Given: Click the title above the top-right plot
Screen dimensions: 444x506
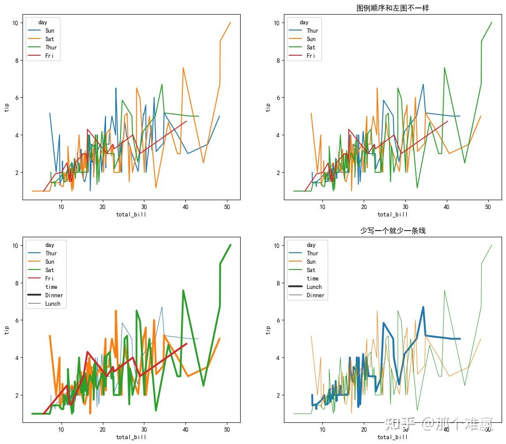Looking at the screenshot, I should (x=393, y=8).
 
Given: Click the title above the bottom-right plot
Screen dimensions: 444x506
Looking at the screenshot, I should (x=393, y=231).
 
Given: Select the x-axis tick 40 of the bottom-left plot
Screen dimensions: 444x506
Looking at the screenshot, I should (x=185, y=429).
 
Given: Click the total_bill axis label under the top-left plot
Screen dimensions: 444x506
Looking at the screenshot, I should (x=131, y=215).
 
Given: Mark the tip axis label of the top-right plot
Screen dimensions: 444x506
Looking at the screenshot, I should (x=268, y=107).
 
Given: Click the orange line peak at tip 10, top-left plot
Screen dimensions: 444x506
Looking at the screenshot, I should (x=230, y=23).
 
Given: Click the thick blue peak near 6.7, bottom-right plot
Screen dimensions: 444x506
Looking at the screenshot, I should (x=423, y=307).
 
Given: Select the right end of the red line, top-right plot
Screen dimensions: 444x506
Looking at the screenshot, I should (x=447, y=121).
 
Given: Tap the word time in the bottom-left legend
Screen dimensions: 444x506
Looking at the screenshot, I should (x=51, y=287).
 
